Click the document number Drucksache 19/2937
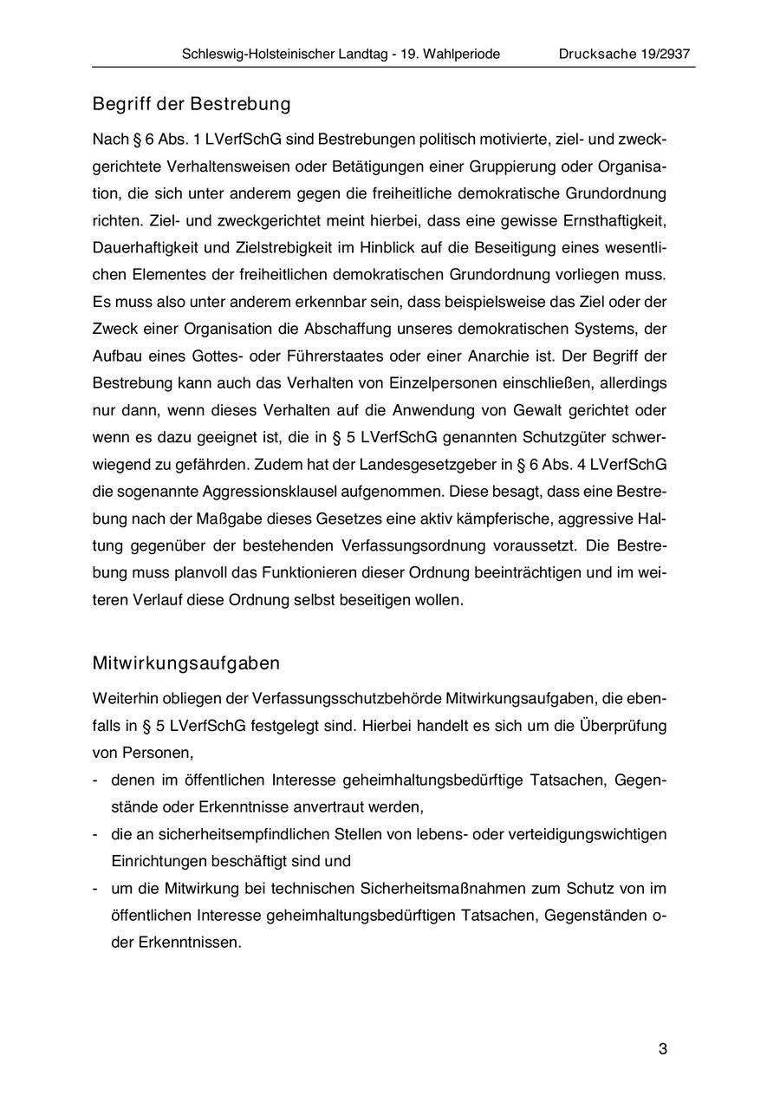click(x=624, y=54)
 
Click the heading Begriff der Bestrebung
click(x=192, y=105)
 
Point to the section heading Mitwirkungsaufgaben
click(x=186, y=664)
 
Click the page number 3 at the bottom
click(x=663, y=1049)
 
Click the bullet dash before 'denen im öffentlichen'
click(x=96, y=780)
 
